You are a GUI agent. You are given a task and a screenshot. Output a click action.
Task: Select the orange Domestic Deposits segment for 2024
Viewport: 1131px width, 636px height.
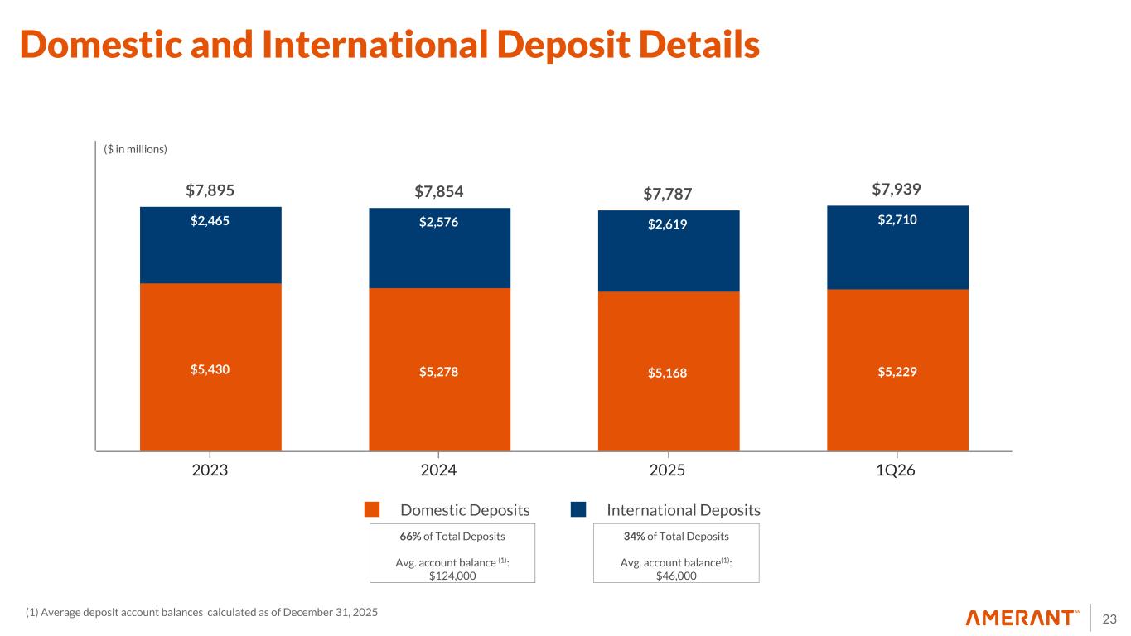coord(439,397)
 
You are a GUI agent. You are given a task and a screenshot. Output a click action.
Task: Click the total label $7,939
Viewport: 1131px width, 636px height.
coord(897,190)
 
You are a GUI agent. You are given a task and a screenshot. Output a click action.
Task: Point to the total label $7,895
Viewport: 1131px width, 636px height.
coord(210,190)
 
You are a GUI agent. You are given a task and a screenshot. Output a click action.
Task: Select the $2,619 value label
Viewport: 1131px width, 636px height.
coord(668,224)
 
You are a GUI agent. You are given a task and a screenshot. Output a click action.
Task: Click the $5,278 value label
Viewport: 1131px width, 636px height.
coord(439,371)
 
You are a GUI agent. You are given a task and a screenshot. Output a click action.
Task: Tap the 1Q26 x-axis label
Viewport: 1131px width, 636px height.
coord(898,470)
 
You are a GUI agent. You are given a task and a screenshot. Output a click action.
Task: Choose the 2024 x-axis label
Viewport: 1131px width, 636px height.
coord(439,470)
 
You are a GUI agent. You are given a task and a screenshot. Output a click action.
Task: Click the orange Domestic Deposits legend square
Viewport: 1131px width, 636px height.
coord(372,509)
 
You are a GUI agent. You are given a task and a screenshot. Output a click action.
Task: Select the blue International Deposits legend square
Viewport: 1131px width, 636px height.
coord(578,509)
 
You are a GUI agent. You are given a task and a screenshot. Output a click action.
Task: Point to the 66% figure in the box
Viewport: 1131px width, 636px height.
coord(410,536)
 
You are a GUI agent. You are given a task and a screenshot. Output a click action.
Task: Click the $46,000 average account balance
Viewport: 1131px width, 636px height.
coord(676,576)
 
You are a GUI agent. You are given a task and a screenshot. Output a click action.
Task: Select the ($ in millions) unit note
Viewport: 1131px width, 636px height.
coord(136,149)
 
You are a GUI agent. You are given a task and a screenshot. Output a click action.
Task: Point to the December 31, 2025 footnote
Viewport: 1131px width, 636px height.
coord(324,612)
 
